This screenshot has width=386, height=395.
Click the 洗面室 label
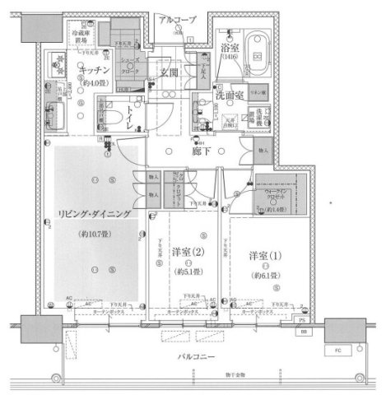(230, 95)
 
